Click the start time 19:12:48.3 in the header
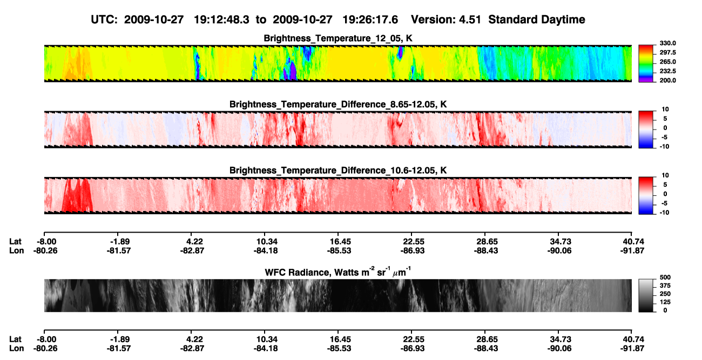[221, 20]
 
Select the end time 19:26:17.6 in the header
[370, 20]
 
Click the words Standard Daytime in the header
[537, 20]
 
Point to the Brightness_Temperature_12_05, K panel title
[338, 38]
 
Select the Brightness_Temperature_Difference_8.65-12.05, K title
[338, 104]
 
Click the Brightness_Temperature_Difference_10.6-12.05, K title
[338, 171]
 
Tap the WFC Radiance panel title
[338, 272]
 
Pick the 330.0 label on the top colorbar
[667, 43]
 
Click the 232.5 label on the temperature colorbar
[667, 71]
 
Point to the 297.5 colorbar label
[667, 52]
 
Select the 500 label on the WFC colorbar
[665, 277]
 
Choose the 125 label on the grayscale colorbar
[665, 302]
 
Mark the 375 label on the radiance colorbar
[665, 286]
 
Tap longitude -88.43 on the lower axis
[486, 349]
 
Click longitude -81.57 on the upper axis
[118, 250]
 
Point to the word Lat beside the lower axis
[15, 339]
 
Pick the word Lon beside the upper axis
[17, 250]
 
